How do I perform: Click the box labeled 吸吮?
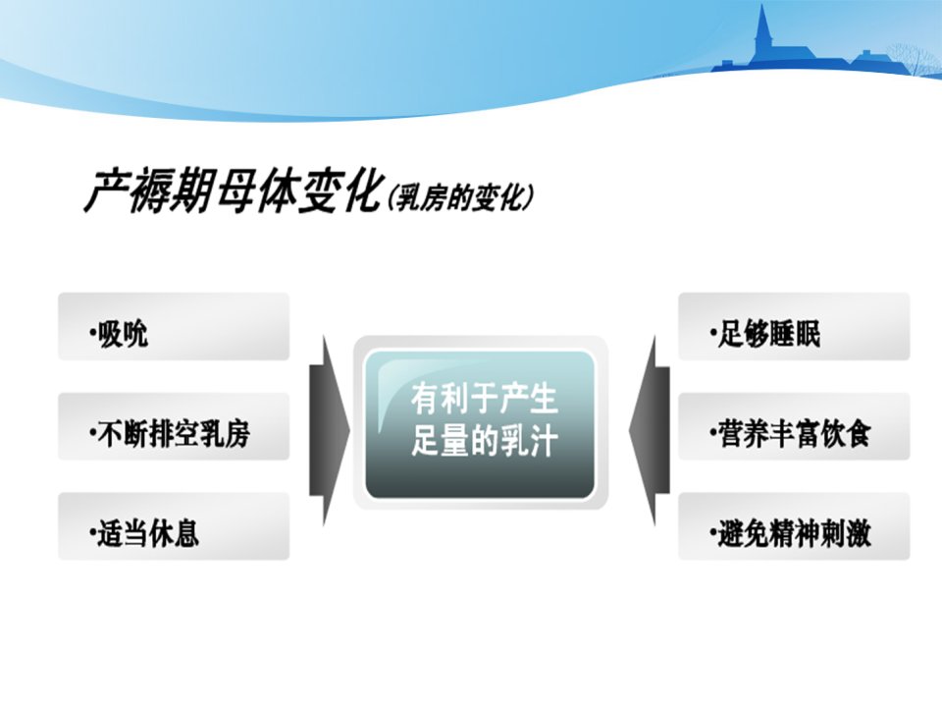click(x=174, y=326)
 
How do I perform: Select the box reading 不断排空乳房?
click(x=174, y=426)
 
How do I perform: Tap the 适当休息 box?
click(x=174, y=526)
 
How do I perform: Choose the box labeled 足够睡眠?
click(x=794, y=326)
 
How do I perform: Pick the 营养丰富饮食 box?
click(x=794, y=426)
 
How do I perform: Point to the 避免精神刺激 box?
click(x=794, y=526)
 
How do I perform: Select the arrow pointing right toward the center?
click(x=330, y=430)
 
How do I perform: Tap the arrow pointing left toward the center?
click(x=650, y=430)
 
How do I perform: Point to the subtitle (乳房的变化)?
click(x=460, y=197)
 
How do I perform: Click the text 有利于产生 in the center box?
click(x=484, y=400)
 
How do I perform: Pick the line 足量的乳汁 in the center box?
click(x=484, y=441)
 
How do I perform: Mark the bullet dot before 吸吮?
click(x=92, y=332)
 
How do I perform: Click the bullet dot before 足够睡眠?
click(x=712, y=332)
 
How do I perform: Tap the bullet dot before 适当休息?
click(x=92, y=531)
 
